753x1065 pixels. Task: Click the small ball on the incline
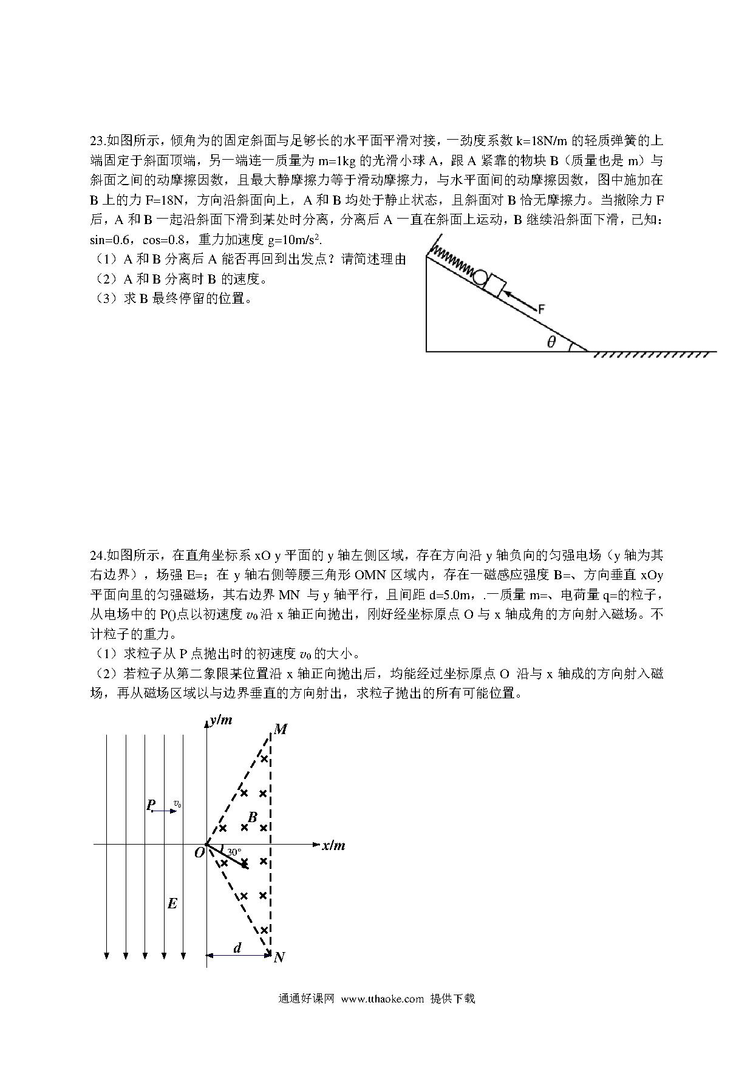pyautogui.click(x=480, y=277)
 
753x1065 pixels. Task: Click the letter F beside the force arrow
pyautogui.click(x=540, y=309)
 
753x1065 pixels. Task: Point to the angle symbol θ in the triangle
pyautogui.click(x=551, y=342)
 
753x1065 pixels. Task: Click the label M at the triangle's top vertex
pyautogui.click(x=280, y=729)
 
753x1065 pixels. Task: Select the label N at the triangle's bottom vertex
pyautogui.click(x=279, y=958)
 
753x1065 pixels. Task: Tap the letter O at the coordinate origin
pyautogui.click(x=199, y=852)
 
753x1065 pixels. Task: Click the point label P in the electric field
pyautogui.click(x=150, y=805)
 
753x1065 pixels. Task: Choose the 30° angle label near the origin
pyautogui.click(x=234, y=852)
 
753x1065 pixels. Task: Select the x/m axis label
pyautogui.click(x=333, y=845)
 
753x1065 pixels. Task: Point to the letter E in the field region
pyautogui.click(x=172, y=904)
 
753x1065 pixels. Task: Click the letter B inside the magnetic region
pyautogui.click(x=253, y=817)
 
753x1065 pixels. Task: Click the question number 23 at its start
pyautogui.click(x=97, y=141)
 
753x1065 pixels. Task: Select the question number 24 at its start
pyautogui.click(x=97, y=555)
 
